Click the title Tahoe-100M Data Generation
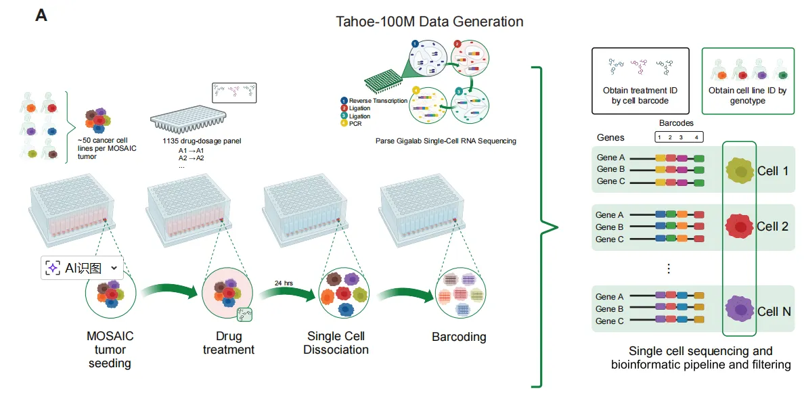pos(430,22)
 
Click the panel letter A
pos(41,15)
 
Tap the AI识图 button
pos(82,268)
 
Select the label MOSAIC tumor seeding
pos(110,349)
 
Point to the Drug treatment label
pos(229,343)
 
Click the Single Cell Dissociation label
pos(336,343)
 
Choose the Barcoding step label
pos(459,337)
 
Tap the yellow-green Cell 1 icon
pos(740,172)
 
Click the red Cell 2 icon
pos(740,227)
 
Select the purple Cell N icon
pos(740,310)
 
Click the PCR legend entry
pos(356,124)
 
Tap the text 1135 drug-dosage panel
pos(202,141)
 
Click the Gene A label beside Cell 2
pos(606,215)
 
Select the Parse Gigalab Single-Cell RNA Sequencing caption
pos(445,141)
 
